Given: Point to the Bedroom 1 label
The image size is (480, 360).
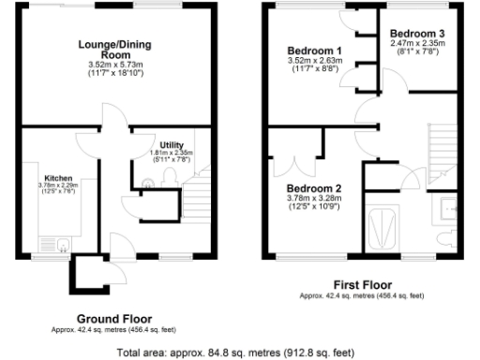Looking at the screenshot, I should point(313,50).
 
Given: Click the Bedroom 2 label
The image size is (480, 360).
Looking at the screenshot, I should point(314,187).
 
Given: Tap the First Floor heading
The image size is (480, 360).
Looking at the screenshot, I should point(362,284).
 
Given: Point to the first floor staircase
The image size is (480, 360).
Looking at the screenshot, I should point(441,150).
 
